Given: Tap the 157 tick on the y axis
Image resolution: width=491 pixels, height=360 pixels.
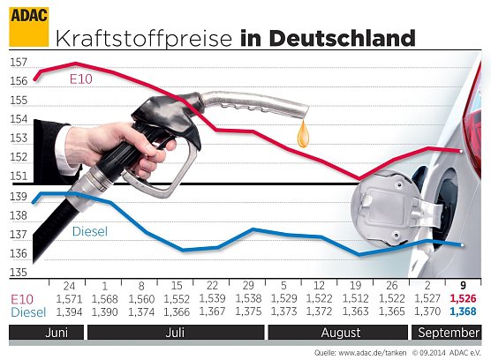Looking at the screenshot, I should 19,63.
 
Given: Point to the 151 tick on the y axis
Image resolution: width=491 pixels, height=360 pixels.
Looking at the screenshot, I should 19,176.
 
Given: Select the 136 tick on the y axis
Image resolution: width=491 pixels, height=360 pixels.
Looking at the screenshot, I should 19,254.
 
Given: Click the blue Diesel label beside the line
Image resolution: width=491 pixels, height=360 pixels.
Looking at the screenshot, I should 89,232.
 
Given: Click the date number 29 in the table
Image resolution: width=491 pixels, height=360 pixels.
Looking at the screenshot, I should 250,286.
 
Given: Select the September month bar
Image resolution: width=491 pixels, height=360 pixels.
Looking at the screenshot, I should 449,333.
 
